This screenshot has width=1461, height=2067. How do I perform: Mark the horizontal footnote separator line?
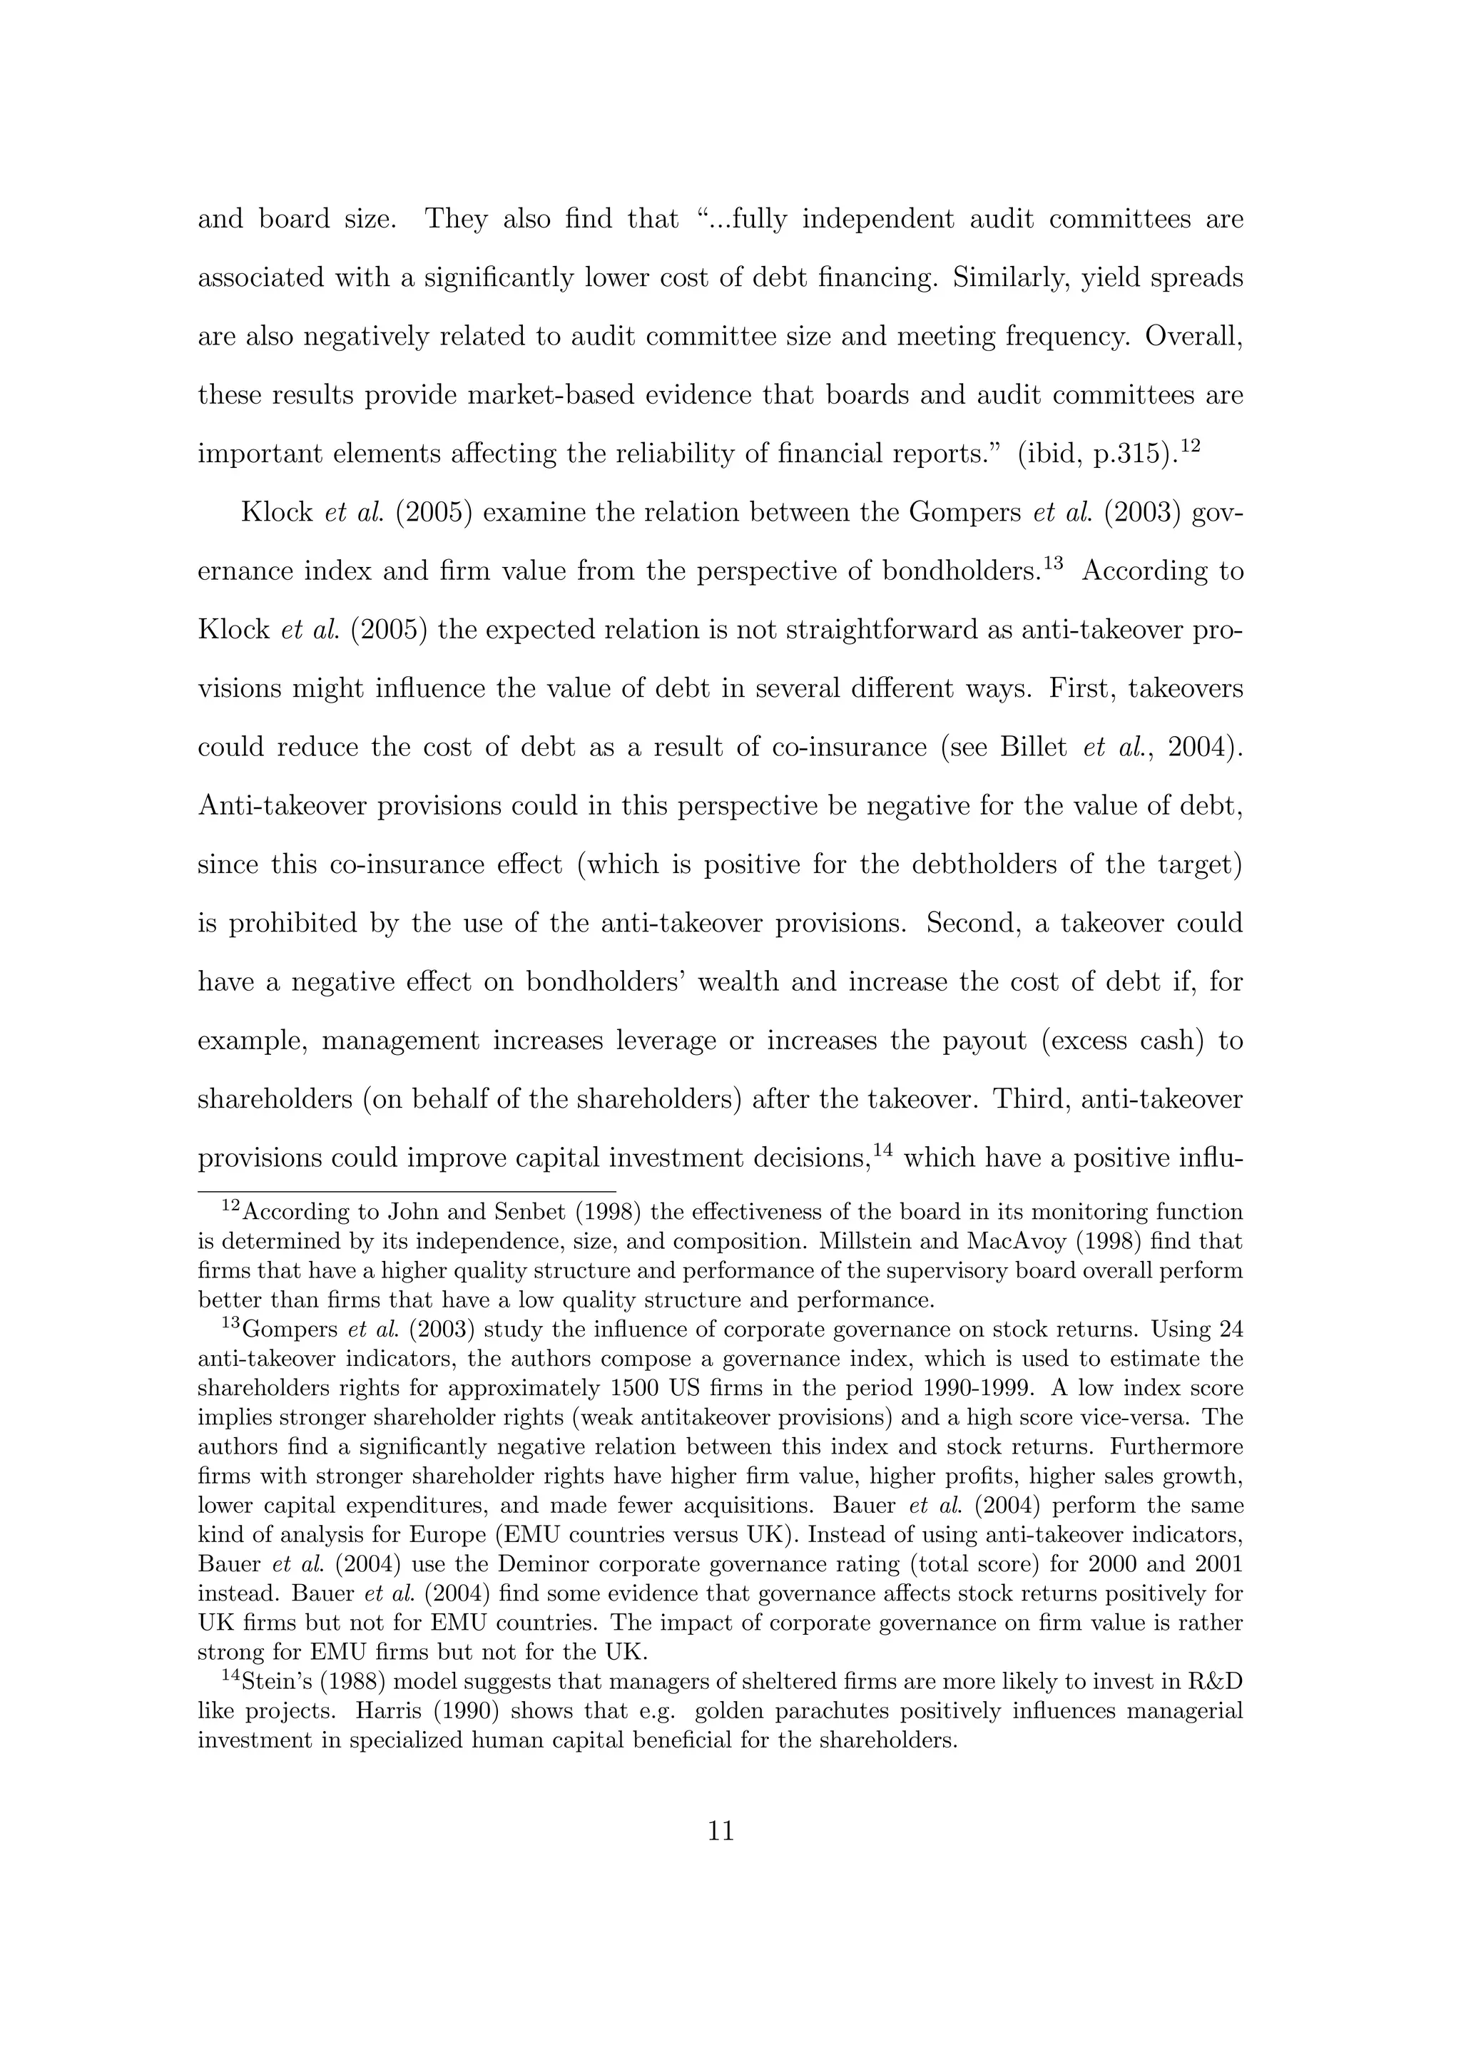(x=405, y=1190)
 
